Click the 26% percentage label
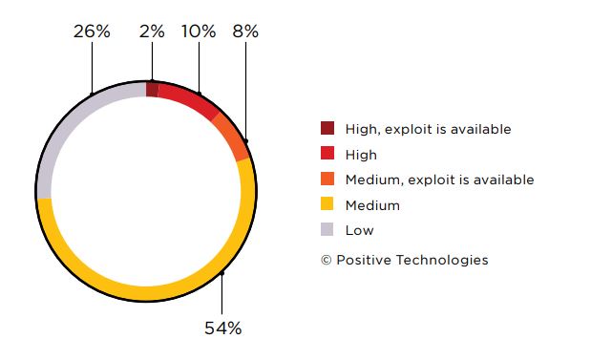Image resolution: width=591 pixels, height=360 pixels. pyautogui.click(x=92, y=32)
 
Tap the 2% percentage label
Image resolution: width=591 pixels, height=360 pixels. pyautogui.click(x=152, y=32)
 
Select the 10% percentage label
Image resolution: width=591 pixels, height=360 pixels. pyautogui.click(x=199, y=32)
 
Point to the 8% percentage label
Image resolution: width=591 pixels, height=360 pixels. pyautogui.click(x=245, y=32)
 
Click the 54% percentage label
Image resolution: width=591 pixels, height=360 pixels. pyautogui.click(x=222, y=328)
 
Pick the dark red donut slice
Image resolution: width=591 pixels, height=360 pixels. pyautogui.click(x=152, y=90)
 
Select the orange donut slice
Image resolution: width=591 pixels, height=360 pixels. pyautogui.click(x=232, y=137)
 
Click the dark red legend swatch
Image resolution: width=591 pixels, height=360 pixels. pyautogui.click(x=327, y=128)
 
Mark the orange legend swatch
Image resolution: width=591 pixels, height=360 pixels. pyautogui.click(x=327, y=179)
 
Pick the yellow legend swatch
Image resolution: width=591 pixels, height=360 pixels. pyautogui.click(x=327, y=204)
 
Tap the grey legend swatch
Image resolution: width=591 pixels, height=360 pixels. pyautogui.click(x=327, y=229)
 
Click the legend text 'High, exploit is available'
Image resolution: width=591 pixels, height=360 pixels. pyautogui.click(x=428, y=129)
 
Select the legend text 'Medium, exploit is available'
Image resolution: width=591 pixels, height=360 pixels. pyautogui.click(x=439, y=180)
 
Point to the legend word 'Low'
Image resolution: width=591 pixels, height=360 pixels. pyautogui.click(x=359, y=230)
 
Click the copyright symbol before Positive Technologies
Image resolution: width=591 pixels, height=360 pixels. pyautogui.click(x=326, y=260)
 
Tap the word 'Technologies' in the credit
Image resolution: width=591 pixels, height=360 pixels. pyautogui.click(x=442, y=260)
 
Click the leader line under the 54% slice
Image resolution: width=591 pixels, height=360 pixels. pyautogui.click(x=222, y=294)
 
